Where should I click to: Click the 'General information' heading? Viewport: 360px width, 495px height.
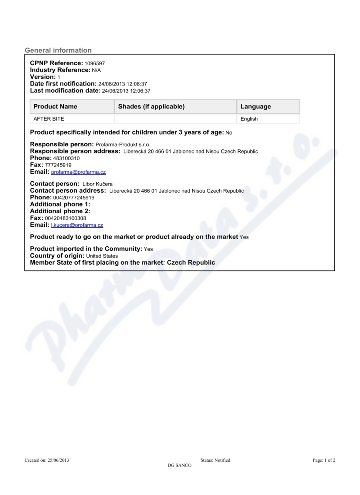(x=58, y=50)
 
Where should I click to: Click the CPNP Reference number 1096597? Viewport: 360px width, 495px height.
(x=94, y=64)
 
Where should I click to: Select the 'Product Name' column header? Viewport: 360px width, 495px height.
(x=55, y=107)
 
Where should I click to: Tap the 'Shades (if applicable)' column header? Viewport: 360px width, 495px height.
(x=151, y=107)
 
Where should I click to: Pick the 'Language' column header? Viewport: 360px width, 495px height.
(x=256, y=107)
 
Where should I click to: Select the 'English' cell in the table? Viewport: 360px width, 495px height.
(x=249, y=119)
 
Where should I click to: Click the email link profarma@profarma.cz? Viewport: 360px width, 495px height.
(x=79, y=172)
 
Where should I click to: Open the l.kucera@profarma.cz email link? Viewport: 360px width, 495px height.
(x=77, y=225)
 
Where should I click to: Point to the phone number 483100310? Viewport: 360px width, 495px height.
(x=66, y=159)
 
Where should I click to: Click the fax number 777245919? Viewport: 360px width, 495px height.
(x=58, y=166)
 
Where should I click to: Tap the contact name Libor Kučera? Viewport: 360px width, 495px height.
(x=98, y=184)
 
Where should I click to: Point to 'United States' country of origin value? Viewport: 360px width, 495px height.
(x=102, y=256)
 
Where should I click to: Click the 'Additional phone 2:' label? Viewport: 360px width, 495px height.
(x=60, y=211)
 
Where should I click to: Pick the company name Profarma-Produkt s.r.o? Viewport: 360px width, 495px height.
(x=123, y=145)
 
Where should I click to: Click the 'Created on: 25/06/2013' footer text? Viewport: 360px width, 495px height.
(x=47, y=460)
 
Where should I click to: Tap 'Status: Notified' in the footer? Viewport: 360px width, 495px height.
(x=215, y=460)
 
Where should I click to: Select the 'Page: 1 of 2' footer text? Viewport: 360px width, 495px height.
(x=324, y=460)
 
